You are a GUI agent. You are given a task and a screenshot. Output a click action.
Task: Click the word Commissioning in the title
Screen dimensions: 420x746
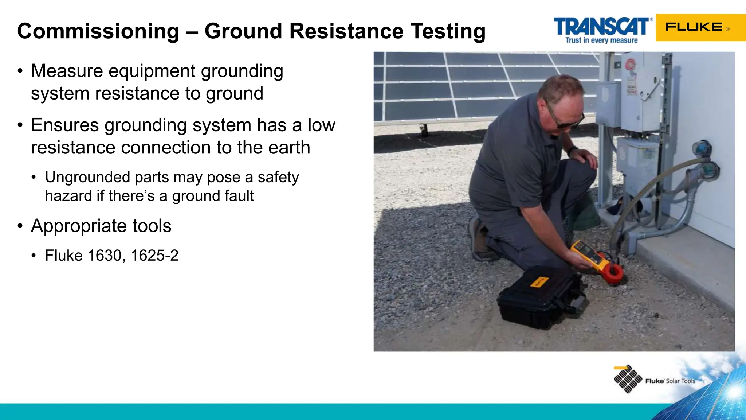click(x=98, y=31)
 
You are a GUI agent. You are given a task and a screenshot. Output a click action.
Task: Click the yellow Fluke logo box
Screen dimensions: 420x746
click(x=700, y=27)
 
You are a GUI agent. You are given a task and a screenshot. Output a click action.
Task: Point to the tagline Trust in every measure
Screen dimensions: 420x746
click(x=601, y=40)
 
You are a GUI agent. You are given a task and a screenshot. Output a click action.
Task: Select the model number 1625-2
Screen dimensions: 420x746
click(x=154, y=256)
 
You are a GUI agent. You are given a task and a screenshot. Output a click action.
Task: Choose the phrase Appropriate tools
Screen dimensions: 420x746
click(x=101, y=226)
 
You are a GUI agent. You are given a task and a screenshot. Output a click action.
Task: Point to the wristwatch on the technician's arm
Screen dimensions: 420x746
click(x=572, y=150)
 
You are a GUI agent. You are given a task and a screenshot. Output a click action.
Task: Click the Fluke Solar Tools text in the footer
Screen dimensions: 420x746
click(x=670, y=381)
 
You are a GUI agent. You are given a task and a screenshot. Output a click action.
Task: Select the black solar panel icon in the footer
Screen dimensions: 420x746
click(x=627, y=379)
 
